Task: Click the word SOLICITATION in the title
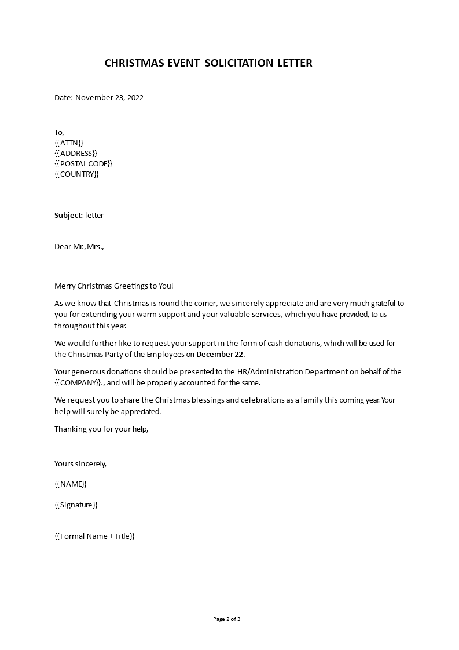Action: tap(234, 63)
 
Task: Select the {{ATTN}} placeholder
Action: tap(69, 143)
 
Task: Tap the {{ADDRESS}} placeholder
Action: tap(76, 153)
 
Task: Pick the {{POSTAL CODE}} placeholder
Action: tap(83, 163)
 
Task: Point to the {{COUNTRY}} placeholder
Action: tap(76, 174)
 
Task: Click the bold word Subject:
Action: tap(68, 215)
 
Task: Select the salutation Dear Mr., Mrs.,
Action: tap(79, 246)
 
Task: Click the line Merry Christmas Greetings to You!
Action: tap(113, 286)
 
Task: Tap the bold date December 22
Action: tap(221, 355)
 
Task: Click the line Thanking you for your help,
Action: tap(101, 429)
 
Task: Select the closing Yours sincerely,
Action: tap(80, 463)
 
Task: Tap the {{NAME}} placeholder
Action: tap(71, 484)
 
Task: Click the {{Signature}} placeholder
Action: tap(76, 505)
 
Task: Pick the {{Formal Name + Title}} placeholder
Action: tap(94, 536)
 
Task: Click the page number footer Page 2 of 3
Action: tap(227, 619)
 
